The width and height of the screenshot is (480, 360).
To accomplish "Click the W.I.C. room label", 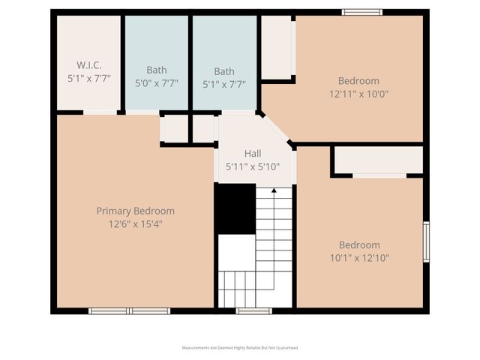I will pyautogui.click(x=88, y=64).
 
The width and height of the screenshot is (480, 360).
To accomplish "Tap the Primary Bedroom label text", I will pyautogui.click(x=135, y=211).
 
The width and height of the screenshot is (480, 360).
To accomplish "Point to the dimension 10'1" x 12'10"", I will pyautogui.click(x=358, y=258).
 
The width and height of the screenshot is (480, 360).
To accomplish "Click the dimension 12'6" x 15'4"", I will pyautogui.click(x=135, y=223).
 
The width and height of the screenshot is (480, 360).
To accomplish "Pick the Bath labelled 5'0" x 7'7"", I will pyautogui.click(x=157, y=71).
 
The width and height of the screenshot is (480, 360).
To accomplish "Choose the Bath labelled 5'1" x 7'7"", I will pyautogui.click(x=224, y=71).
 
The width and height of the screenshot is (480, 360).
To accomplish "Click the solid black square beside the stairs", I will pyautogui.click(x=235, y=208).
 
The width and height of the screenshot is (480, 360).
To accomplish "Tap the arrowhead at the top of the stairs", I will pyautogui.click(x=274, y=190).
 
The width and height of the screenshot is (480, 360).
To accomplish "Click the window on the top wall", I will pyautogui.click(x=362, y=12).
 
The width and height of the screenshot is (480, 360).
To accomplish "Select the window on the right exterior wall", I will pyautogui.click(x=426, y=241).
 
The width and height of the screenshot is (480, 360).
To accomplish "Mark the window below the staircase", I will pyautogui.click(x=253, y=310).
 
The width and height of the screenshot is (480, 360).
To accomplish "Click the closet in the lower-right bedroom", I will pyautogui.click(x=378, y=160).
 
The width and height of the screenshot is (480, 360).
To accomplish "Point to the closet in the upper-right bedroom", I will pyautogui.click(x=276, y=46).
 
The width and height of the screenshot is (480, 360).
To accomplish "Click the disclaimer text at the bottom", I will pyautogui.click(x=240, y=348).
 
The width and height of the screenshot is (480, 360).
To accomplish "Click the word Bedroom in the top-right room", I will pyautogui.click(x=358, y=81).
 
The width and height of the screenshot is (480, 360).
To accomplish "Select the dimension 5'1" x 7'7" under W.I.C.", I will pyautogui.click(x=88, y=78).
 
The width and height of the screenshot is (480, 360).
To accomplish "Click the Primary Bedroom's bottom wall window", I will pyautogui.click(x=129, y=310).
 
